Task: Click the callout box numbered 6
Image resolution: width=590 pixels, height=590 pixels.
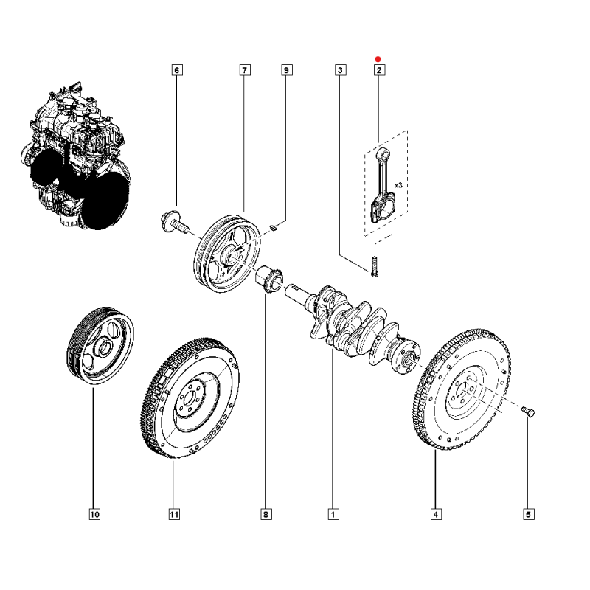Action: [x=177, y=70]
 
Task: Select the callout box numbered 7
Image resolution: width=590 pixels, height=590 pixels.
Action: [x=245, y=70]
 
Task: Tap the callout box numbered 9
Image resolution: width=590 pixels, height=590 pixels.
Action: [x=286, y=70]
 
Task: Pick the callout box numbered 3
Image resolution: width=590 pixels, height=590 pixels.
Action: [x=340, y=70]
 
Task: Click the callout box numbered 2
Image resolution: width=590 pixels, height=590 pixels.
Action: [x=379, y=70]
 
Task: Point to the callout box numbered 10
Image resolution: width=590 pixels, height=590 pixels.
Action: [x=94, y=514]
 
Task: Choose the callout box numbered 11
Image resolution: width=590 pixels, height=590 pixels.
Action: [x=174, y=514]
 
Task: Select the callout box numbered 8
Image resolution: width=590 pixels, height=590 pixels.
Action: [x=265, y=514]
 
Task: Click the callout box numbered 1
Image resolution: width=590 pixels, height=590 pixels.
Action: [x=333, y=514]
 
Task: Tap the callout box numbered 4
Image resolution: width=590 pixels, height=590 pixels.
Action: [x=436, y=514]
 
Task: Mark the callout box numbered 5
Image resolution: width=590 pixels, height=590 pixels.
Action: [x=528, y=514]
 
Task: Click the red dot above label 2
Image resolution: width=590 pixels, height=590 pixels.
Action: [x=378, y=59]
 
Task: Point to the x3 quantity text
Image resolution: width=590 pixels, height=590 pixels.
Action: [x=398, y=185]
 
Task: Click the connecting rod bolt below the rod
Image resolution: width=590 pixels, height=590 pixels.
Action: [x=374, y=267]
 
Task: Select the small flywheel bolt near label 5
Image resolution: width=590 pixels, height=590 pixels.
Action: [x=528, y=412]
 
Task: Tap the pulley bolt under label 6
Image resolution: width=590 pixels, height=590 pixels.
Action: [x=174, y=223]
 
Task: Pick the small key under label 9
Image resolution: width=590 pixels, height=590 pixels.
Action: [x=274, y=227]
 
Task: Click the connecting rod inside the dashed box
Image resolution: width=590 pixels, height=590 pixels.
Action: [x=384, y=185]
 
